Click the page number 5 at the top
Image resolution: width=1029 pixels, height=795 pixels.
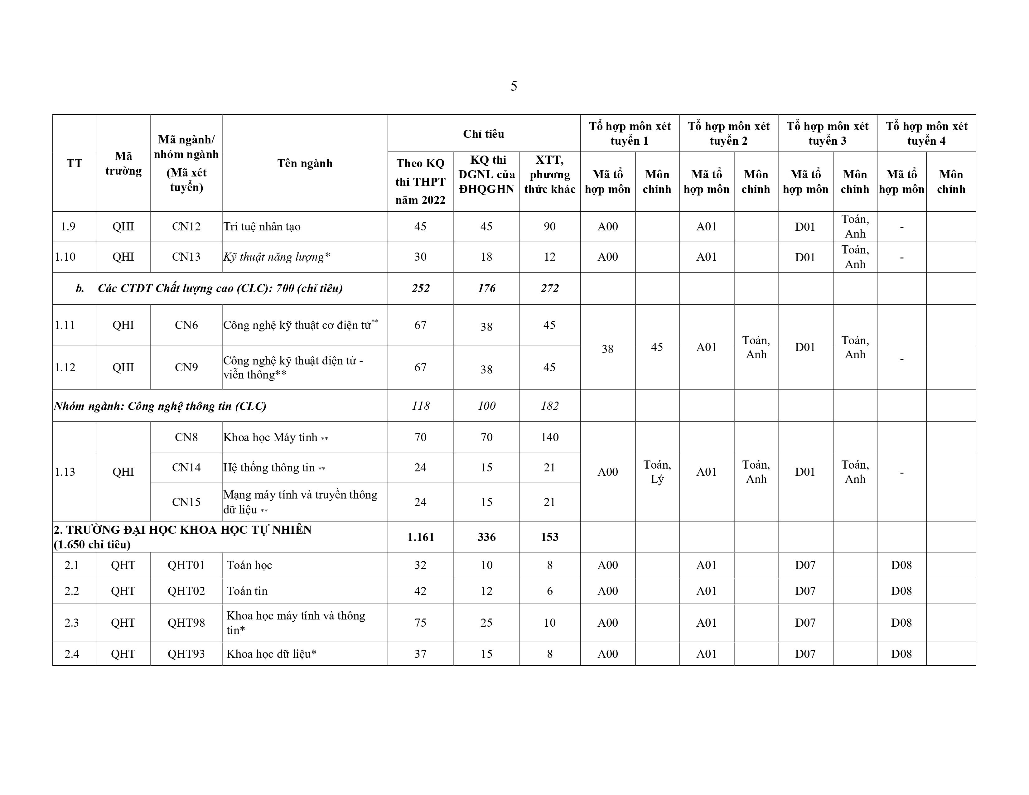click(514, 86)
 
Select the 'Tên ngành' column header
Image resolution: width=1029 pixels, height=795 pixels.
click(305, 163)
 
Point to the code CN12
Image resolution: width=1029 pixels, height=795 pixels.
click(186, 227)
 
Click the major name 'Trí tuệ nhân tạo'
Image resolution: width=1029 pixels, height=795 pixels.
click(262, 227)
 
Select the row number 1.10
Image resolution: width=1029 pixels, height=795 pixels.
click(65, 257)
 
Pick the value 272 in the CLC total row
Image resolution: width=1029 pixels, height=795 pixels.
click(549, 288)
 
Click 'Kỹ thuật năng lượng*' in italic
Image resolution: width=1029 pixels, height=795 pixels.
click(277, 257)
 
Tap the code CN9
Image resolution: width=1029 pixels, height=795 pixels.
click(186, 367)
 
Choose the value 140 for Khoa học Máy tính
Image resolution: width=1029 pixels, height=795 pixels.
click(549, 437)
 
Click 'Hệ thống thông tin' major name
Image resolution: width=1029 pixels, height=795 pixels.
click(269, 468)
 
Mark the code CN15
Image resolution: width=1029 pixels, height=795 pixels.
click(186, 502)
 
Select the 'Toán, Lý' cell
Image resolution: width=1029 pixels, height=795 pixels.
click(657, 472)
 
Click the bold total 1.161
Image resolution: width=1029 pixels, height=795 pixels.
click(420, 537)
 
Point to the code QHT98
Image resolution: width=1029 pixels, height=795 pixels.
click(186, 623)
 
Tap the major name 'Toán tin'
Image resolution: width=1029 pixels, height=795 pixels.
click(247, 591)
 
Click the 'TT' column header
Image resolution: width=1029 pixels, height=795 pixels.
click(74, 163)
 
